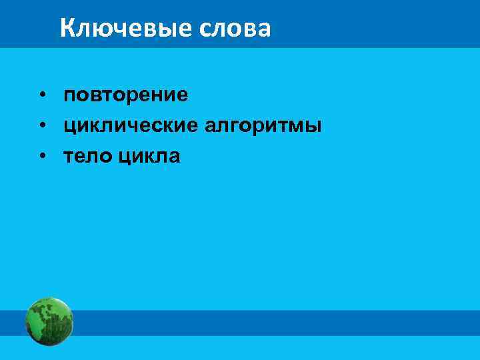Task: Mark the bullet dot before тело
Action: click(x=42, y=157)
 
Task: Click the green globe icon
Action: click(x=49, y=321)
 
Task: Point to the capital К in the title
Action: click(x=67, y=28)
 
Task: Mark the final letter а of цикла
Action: click(x=174, y=157)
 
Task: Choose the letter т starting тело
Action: click(x=69, y=157)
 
